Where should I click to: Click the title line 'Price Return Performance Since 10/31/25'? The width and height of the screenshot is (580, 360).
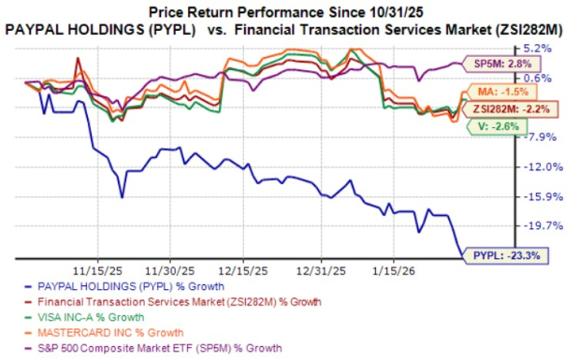click(x=289, y=11)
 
